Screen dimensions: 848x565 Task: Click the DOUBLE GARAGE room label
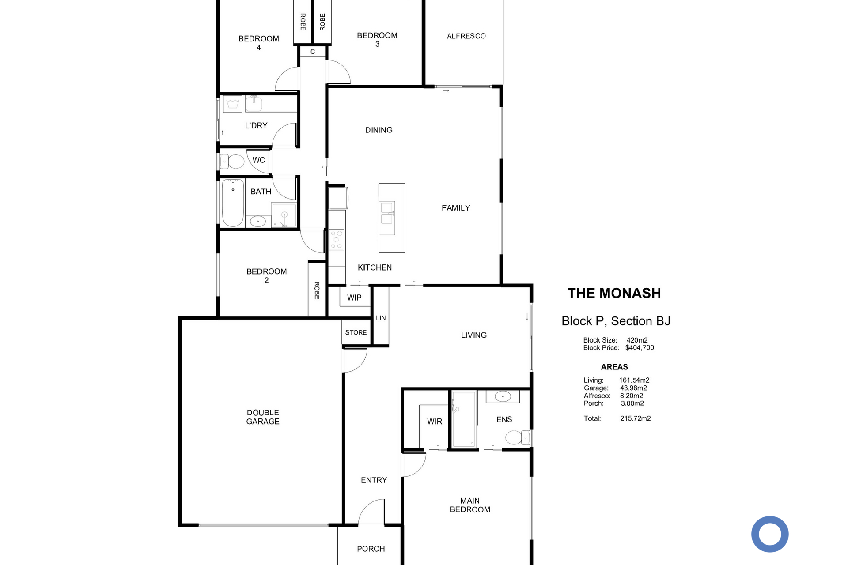263,417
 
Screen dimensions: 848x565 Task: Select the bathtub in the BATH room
233,203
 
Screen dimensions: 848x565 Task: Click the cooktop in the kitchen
337,240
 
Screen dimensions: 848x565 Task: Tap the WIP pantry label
354,298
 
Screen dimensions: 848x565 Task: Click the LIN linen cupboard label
381,318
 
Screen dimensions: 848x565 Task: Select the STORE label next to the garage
356,332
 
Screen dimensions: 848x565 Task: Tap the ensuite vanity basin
503,396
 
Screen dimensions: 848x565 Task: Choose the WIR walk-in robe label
435,422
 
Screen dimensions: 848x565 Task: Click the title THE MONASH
614,293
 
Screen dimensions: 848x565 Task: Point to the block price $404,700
640,348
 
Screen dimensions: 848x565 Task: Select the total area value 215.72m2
636,418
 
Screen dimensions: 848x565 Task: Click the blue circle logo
770,534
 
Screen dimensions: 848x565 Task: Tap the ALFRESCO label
466,36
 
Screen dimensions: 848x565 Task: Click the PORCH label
371,549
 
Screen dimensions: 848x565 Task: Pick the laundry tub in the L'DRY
232,105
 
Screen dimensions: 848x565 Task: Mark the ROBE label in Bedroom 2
317,290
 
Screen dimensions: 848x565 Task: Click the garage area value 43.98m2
633,388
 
